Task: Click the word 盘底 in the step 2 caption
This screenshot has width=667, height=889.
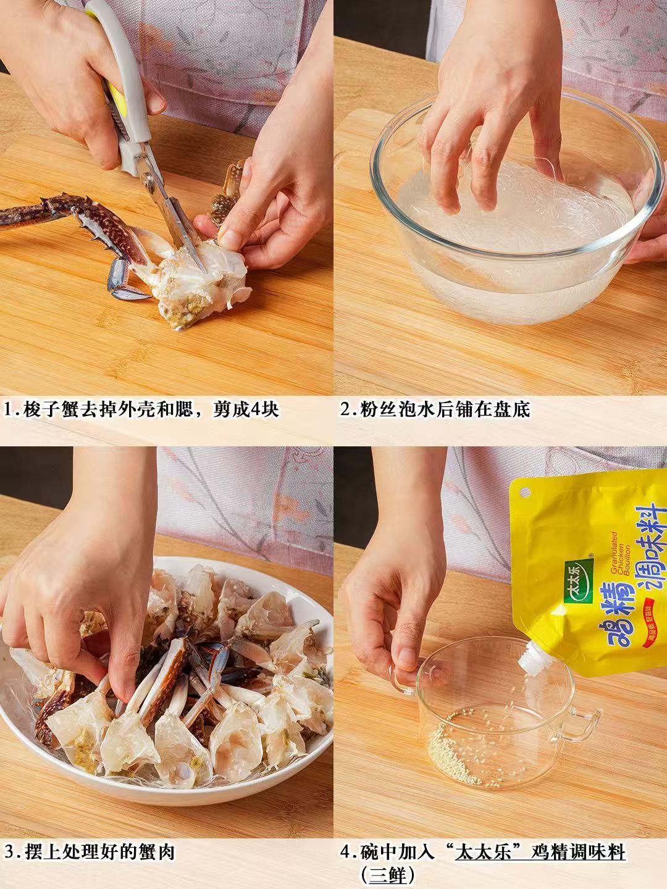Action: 514,409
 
